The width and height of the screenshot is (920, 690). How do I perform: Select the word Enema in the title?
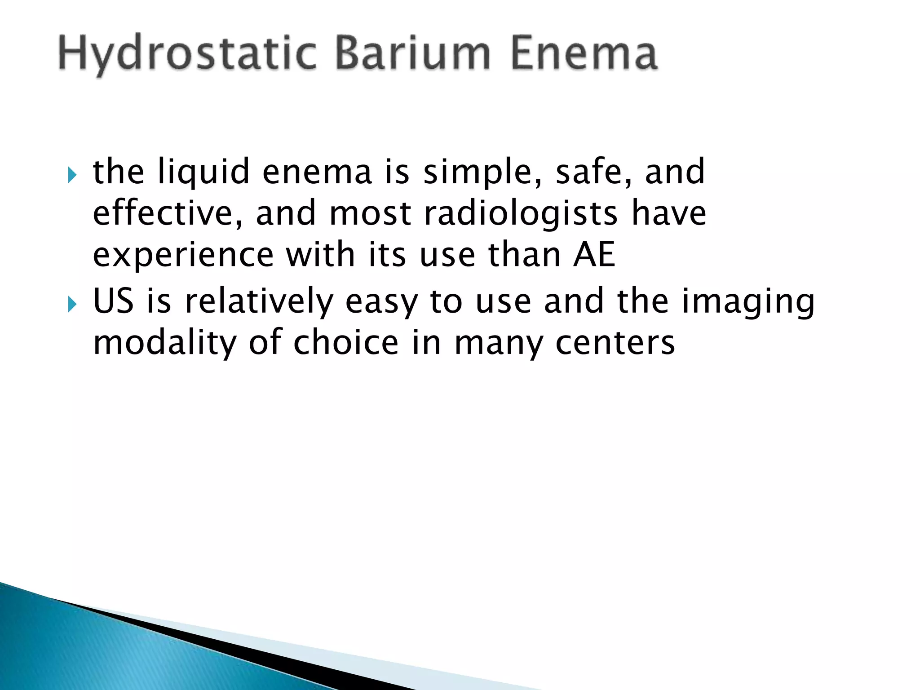point(584,54)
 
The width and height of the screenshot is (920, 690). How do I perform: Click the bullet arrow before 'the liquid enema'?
point(72,174)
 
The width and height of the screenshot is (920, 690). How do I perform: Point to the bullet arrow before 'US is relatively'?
point(72,304)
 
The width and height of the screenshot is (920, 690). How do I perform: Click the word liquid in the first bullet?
point(203,172)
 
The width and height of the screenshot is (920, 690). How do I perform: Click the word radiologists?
point(521,214)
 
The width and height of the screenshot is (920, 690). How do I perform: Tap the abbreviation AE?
point(594,254)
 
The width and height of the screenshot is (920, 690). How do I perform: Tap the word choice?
point(346,342)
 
